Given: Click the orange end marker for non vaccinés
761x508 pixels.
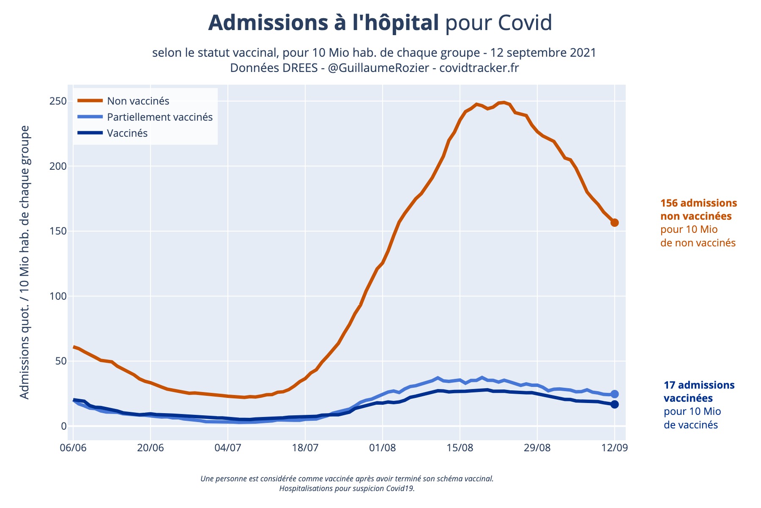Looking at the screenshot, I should point(614,223).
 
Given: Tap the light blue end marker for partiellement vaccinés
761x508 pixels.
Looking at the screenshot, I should point(614,394).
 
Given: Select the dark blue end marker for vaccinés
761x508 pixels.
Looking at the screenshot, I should point(614,404).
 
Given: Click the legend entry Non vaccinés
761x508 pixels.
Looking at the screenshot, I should point(138,101).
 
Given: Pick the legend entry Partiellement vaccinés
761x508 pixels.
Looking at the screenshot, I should point(159,117).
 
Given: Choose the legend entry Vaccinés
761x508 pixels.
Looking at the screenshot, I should point(127,133).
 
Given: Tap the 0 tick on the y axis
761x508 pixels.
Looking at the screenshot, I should point(64,426).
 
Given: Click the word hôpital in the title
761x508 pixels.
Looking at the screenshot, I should point(396,23).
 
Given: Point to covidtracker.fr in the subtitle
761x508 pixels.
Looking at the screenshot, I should point(479,68).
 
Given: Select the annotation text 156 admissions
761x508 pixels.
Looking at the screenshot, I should point(698,203).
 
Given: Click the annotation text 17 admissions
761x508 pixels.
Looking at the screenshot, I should point(699,385).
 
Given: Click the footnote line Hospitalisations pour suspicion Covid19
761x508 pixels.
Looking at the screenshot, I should point(347,488).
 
